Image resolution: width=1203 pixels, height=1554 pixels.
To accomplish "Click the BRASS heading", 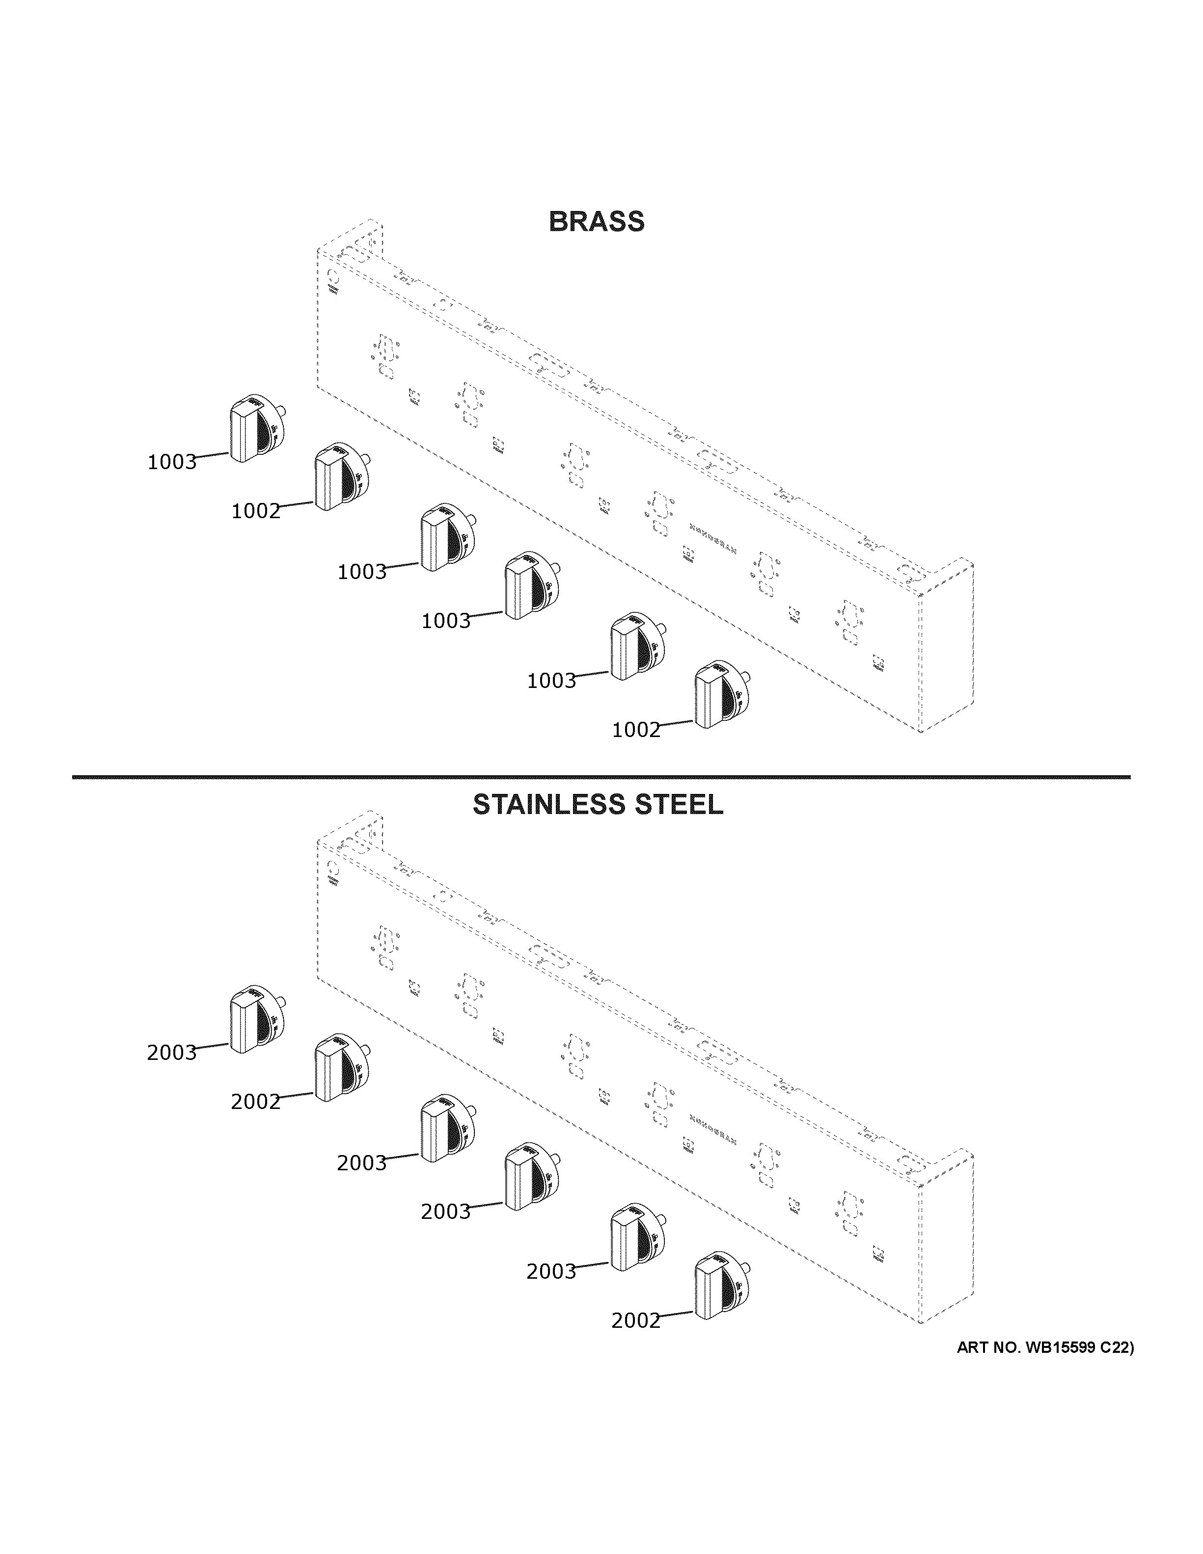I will pyautogui.click(x=597, y=222).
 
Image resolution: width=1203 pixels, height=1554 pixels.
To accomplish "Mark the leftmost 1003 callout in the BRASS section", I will pyautogui.click(x=171, y=463).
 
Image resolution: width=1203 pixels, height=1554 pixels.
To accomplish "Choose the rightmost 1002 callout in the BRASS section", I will pyautogui.click(x=636, y=730).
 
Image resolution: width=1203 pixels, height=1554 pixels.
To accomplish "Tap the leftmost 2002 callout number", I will pyautogui.click(x=255, y=1102).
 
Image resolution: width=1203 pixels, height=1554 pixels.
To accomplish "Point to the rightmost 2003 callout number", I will pyautogui.click(x=551, y=1271).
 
